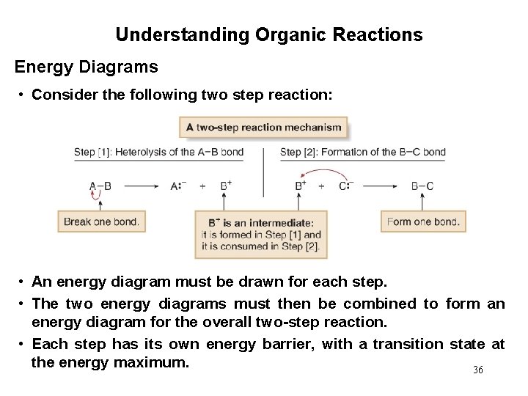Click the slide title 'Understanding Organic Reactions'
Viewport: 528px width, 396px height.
[268, 34]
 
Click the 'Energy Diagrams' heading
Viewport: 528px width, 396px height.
[86, 67]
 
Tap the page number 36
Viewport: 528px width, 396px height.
[478, 370]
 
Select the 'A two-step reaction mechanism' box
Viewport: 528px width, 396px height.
[264, 127]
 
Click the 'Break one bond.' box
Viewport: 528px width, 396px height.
[100, 221]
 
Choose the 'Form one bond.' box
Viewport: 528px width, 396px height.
[423, 221]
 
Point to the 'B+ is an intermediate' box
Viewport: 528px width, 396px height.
[261, 235]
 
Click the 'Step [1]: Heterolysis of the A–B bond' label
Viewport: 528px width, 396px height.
[158, 153]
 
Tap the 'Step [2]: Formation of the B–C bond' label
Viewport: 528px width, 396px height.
[363, 153]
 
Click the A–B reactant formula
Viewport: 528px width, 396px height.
[100, 186]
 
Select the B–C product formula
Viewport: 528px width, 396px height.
[422, 186]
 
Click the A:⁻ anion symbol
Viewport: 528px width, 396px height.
[178, 186]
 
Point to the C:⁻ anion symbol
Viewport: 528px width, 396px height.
[346, 186]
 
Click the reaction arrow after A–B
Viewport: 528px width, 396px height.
[140, 186]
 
